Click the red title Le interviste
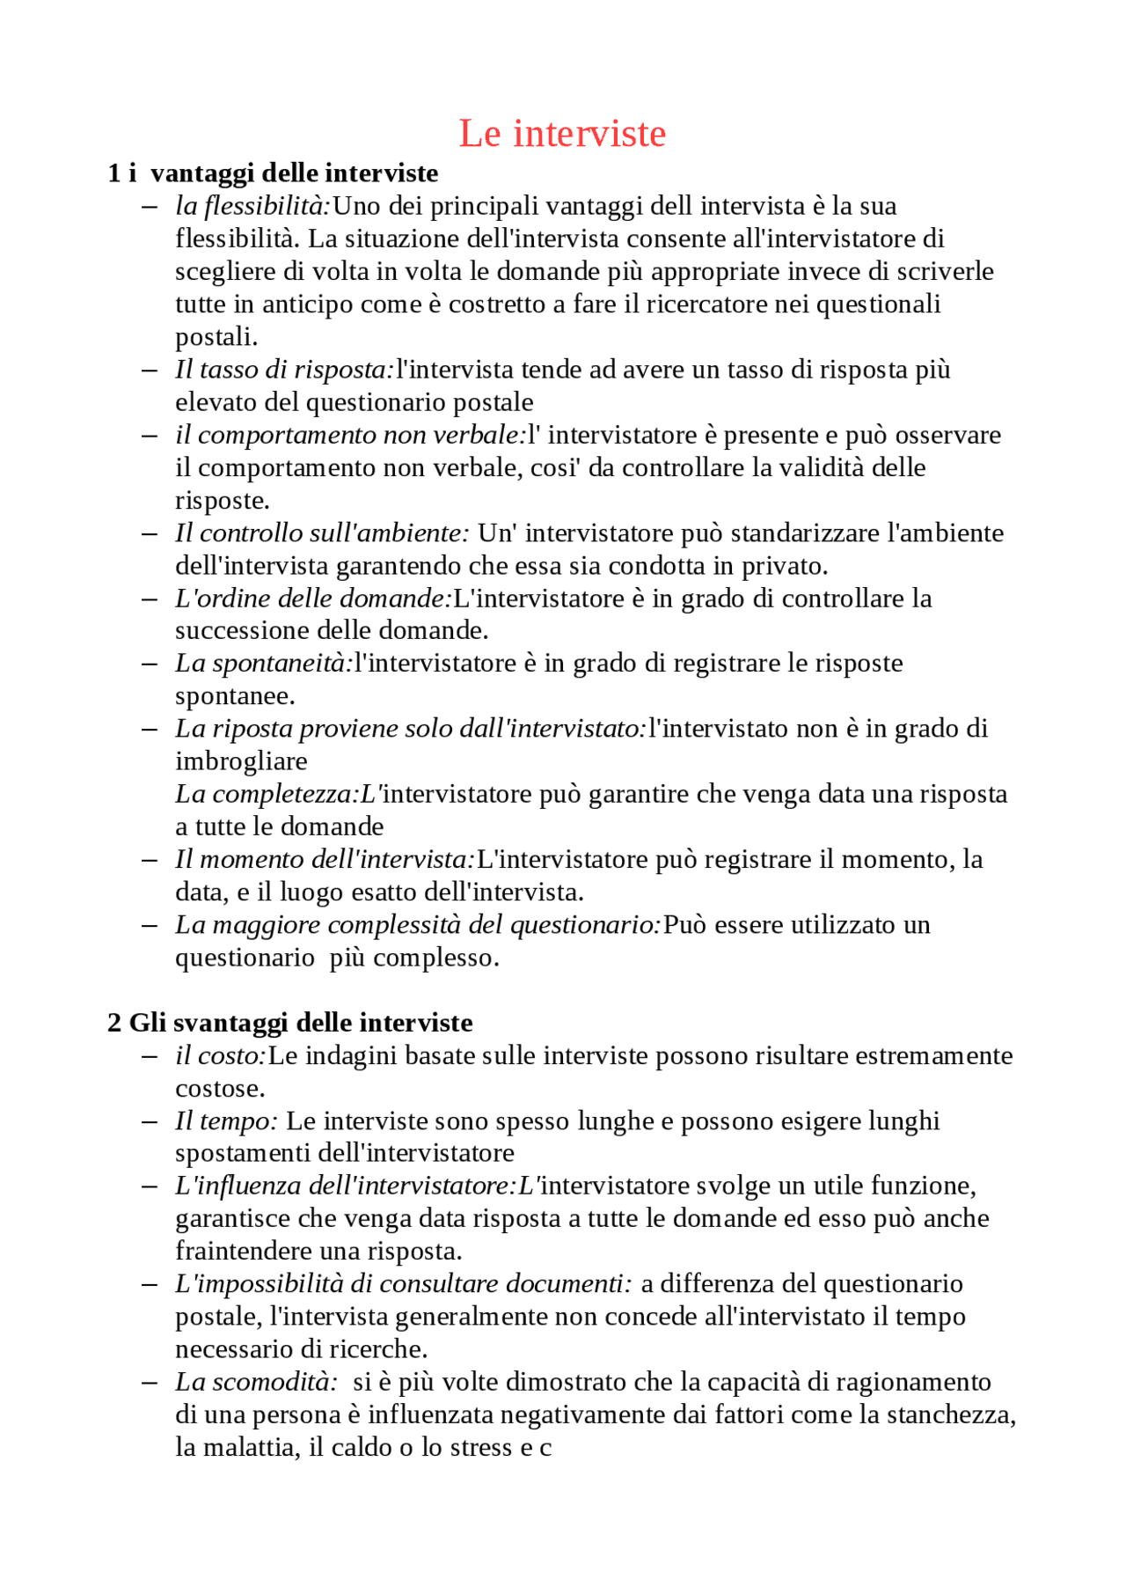pyautogui.click(x=562, y=134)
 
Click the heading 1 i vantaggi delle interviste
pyautogui.click(x=273, y=173)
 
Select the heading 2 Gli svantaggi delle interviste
pyautogui.click(x=290, y=1022)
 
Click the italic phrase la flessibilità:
pyautogui.click(x=252, y=206)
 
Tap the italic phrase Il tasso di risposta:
pyautogui.click(x=284, y=370)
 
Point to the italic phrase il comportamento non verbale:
pyautogui.click(x=350, y=435)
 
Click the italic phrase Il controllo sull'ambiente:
pyautogui.click(x=322, y=533)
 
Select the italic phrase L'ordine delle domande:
pyautogui.click(x=313, y=599)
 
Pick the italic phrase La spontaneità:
pyautogui.click(x=264, y=664)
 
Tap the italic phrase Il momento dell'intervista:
pyautogui.click(x=325, y=859)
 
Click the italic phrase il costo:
pyautogui.click(x=221, y=1055)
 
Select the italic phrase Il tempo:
pyautogui.click(x=226, y=1121)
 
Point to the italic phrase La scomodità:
pyautogui.click(x=256, y=1382)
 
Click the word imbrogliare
pyautogui.click(x=241, y=761)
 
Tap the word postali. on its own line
pyautogui.click(x=216, y=337)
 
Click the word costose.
pyautogui.click(x=220, y=1089)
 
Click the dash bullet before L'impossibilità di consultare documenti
pyautogui.click(x=150, y=1285)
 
